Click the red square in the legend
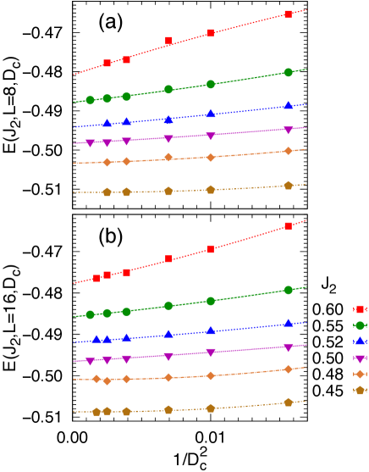point(360,309)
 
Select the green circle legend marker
point(360,325)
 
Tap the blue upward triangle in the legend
point(360,342)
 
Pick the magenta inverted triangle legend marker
point(360,358)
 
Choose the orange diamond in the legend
point(360,374)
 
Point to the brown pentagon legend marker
point(360,391)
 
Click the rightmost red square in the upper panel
point(289,14)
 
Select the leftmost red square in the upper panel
point(107,64)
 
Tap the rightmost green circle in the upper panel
point(289,73)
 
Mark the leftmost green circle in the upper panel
point(91,100)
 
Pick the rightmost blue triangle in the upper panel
point(289,106)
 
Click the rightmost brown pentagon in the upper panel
point(289,186)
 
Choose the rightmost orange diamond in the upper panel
point(289,151)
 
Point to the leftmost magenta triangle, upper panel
point(91,143)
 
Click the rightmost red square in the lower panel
point(289,226)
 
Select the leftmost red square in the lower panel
point(96,278)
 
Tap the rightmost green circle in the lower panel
point(289,290)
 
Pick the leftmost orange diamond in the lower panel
point(96,380)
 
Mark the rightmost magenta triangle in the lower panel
point(289,347)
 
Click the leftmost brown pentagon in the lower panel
point(96,412)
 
